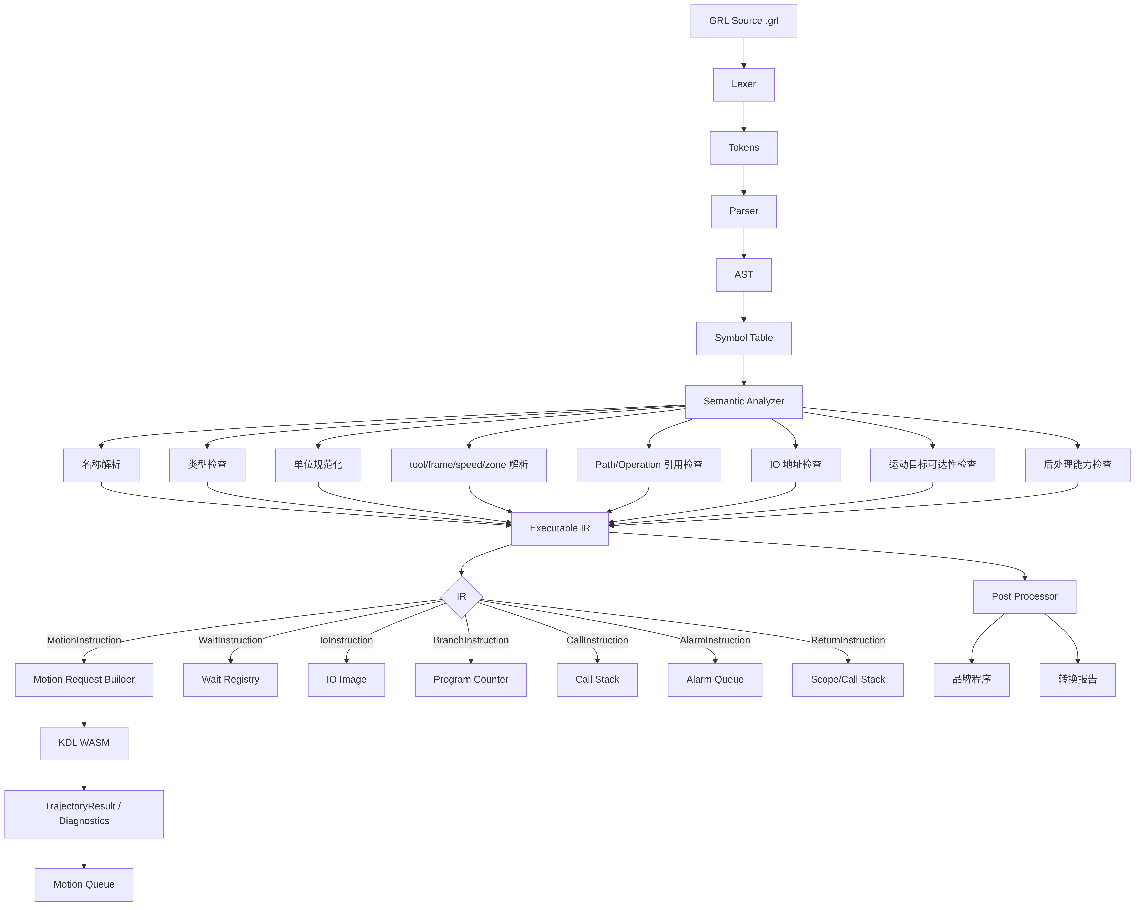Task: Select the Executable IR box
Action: coord(560,528)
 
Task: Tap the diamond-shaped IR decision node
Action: coord(462,597)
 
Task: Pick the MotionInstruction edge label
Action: coord(84,640)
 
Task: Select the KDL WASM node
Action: coord(84,743)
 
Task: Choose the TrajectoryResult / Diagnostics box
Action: coord(84,814)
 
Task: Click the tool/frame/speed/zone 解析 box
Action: coord(469,466)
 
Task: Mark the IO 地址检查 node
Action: coord(796,466)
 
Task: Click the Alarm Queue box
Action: coord(715,680)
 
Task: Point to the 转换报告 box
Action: coord(1078,680)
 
